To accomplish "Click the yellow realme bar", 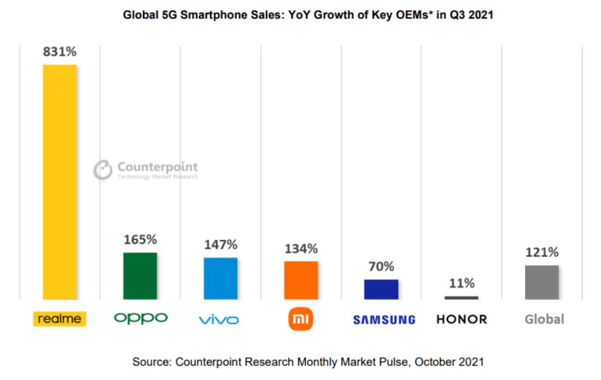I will (x=59, y=182).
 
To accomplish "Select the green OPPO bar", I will (x=140, y=275).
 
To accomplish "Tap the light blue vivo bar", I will (x=221, y=278).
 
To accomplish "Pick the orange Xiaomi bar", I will (x=301, y=280).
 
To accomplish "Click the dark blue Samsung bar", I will (x=381, y=289).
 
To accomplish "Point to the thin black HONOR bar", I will (x=461, y=297).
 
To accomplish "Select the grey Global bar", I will (x=542, y=282).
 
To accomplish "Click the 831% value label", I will (x=59, y=52).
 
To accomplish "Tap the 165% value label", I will (x=140, y=240).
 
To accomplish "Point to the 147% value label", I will (x=221, y=245).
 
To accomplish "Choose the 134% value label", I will (x=301, y=249).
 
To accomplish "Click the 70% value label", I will (x=381, y=267).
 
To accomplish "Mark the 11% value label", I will (x=461, y=283).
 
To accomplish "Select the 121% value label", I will (x=542, y=252).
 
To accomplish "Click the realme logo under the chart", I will (x=59, y=319).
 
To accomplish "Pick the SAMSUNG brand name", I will (x=384, y=320).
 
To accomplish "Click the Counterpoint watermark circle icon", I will (x=102, y=170).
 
